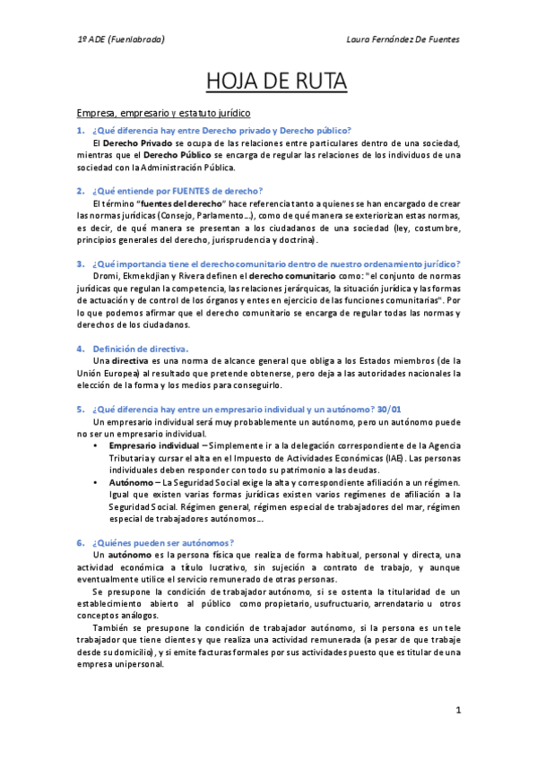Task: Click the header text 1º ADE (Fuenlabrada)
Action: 120,39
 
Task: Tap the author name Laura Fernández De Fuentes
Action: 403,39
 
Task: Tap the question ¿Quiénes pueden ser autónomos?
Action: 162,542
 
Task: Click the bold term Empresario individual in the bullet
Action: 153,445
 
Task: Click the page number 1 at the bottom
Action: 457,711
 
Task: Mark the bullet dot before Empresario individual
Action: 96,445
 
